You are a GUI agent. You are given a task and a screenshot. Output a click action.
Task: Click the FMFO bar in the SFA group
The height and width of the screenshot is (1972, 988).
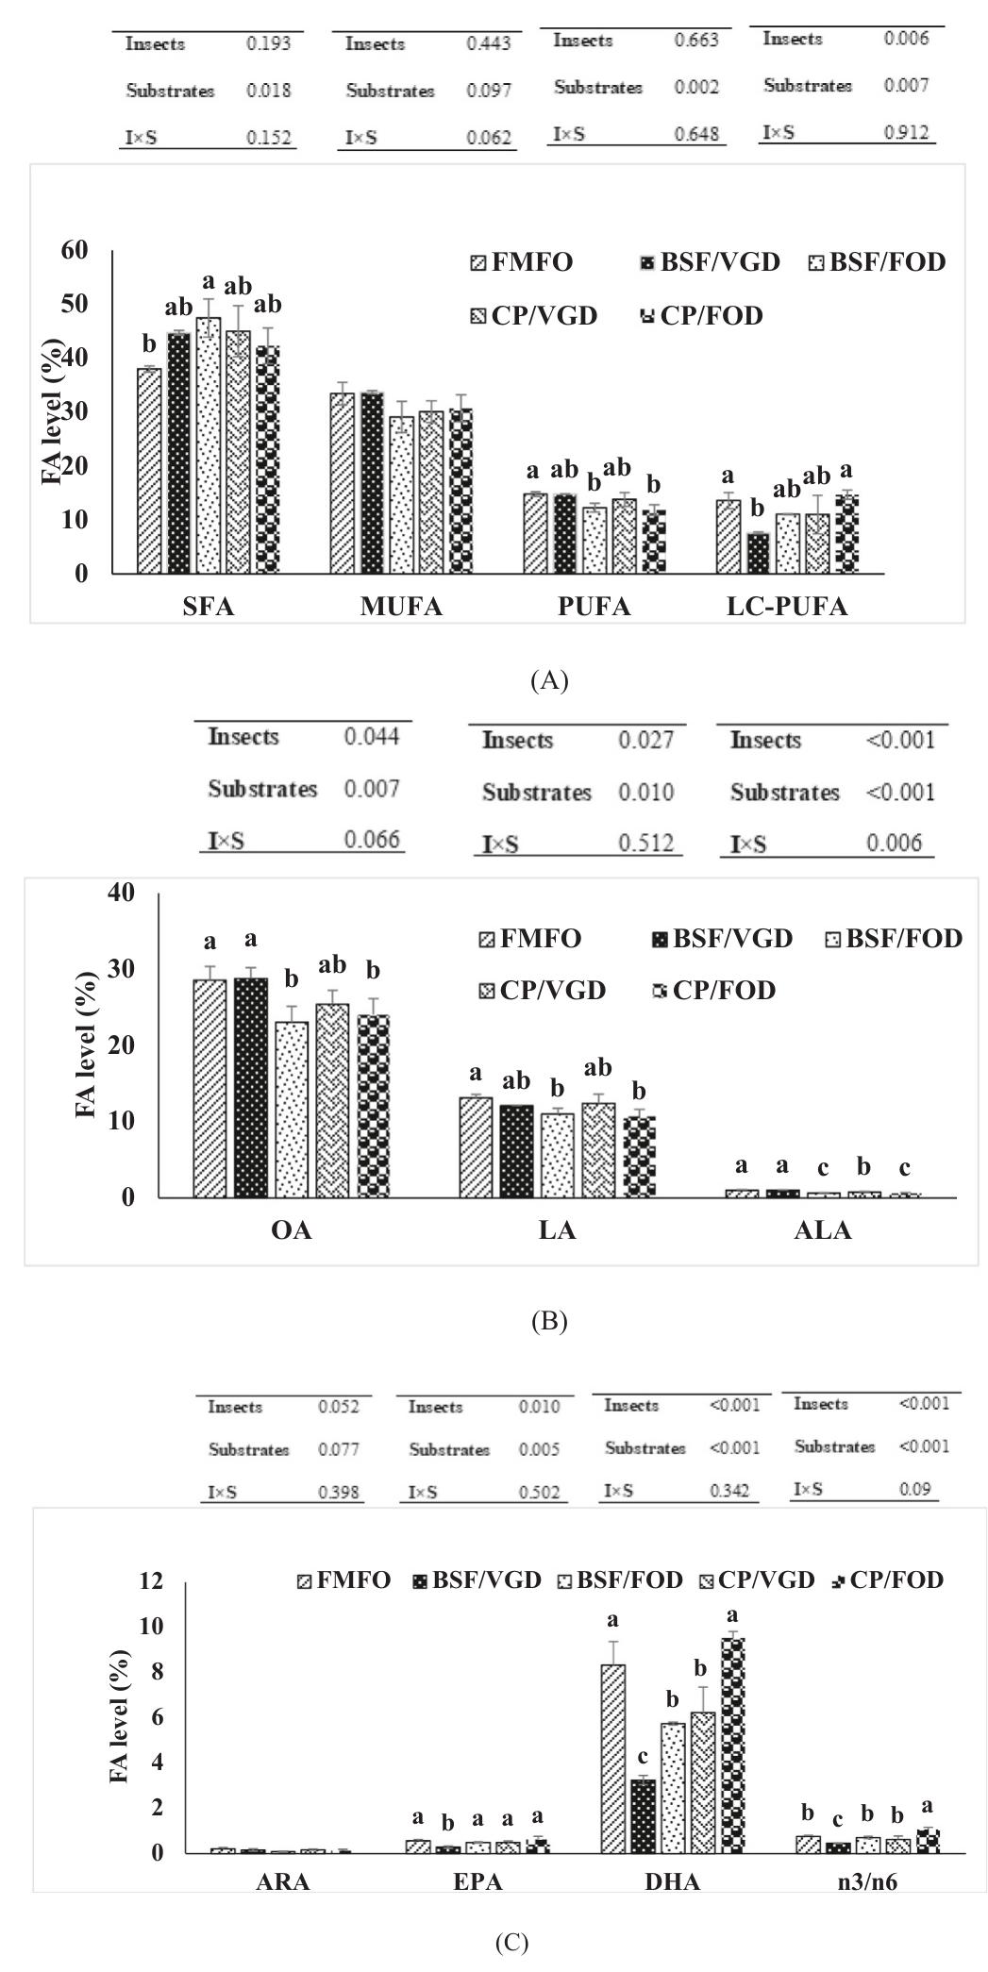tap(149, 470)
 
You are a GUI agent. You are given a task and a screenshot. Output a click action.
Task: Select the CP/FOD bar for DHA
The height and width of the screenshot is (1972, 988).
tap(732, 1746)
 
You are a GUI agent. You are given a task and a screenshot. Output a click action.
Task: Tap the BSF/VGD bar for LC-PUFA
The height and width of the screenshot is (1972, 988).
tap(758, 553)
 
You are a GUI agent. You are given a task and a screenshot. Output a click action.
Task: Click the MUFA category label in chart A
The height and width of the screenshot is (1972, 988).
tap(401, 607)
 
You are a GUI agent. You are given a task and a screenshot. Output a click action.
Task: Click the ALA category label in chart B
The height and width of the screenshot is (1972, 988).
tap(824, 1230)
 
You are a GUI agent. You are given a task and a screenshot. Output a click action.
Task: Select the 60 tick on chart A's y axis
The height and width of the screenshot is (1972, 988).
tap(75, 250)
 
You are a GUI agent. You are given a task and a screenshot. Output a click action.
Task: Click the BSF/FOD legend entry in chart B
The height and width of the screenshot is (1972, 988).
tap(893, 938)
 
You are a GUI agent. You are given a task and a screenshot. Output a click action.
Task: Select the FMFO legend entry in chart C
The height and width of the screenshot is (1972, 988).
tap(343, 1580)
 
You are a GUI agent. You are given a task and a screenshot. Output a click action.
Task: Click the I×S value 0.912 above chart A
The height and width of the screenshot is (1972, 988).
tap(906, 132)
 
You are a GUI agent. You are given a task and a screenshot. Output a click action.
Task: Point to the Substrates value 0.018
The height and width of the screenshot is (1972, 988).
tap(269, 91)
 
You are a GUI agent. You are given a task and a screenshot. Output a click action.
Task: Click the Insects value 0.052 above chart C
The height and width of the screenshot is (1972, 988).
tap(338, 1407)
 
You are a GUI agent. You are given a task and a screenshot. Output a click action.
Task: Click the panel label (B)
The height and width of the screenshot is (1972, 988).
tap(549, 1321)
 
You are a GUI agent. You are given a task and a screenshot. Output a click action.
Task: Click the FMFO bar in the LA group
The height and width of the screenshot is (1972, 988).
tap(476, 1146)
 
